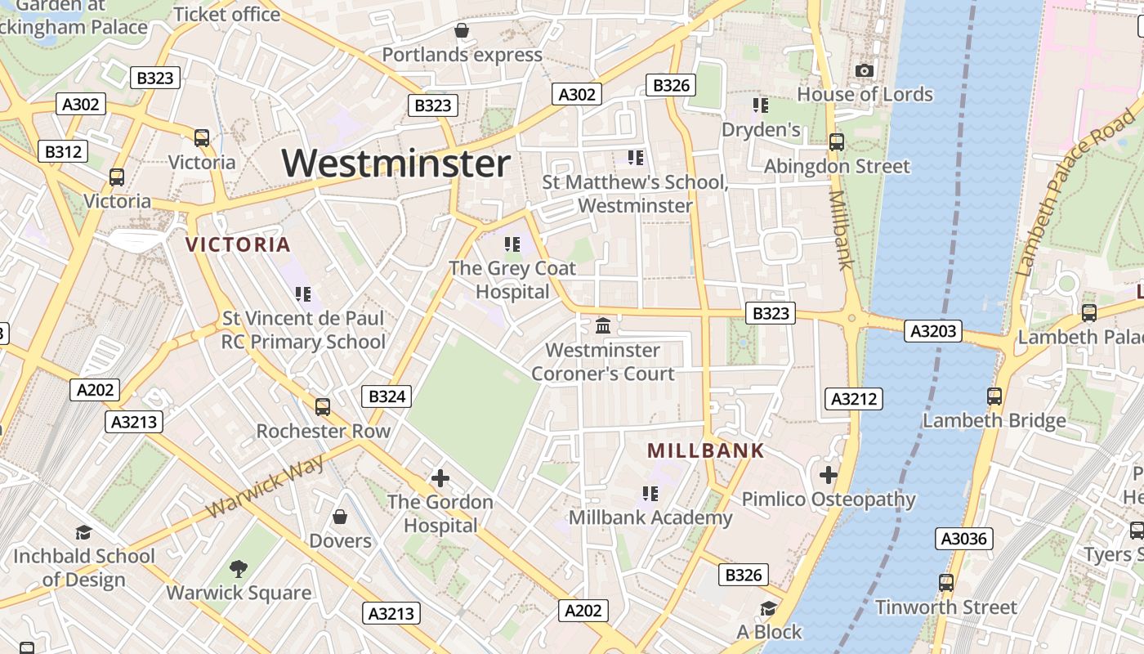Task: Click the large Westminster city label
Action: (x=396, y=163)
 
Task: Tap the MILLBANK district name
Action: (x=706, y=450)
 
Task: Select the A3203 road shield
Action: (x=933, y=331)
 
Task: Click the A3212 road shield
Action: (x=855, y=399)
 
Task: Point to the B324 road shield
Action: (x=387, y=396)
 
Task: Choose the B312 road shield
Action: (x=63, y=151)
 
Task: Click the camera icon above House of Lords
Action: (x=865, y=71)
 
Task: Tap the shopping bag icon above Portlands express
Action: (x=462, y=31)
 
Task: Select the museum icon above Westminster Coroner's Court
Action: (x=603, y=326)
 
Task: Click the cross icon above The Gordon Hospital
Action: (x=440, y=477)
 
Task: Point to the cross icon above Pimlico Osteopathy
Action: (x=829, y=474)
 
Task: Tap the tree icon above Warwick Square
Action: (x=239, y=568)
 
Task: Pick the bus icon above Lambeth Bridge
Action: (x=994, y=396)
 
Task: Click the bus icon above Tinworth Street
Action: (x=946, y=583)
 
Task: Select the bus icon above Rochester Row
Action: (x=323, y=406)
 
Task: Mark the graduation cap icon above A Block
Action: (x=768, y=608)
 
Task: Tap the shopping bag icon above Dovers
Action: (x=340, y=517)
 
